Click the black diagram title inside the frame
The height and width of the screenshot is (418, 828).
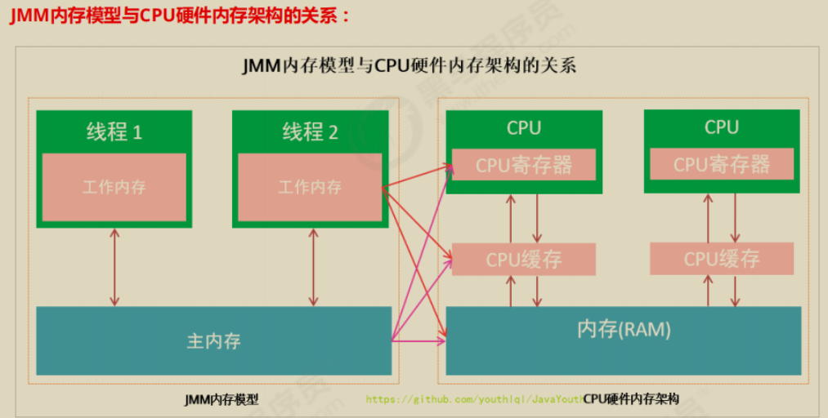[x=409, y=66]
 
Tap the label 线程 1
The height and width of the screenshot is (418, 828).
[x=114, y=132]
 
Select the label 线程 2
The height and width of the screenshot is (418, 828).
[x=310, y=132]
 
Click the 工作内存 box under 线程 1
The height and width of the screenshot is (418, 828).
[x=114, y=187]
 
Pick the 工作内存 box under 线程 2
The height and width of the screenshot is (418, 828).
[x=310, y=187]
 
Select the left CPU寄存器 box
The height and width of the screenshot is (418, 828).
[x=524, y=166]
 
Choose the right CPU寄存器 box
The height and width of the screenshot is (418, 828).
[x=722, y=165]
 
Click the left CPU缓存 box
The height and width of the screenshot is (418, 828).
[x=524, y=260]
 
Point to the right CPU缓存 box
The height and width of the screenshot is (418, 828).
[x=722, y=260]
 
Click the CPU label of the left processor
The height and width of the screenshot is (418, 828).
[x=524, y=128]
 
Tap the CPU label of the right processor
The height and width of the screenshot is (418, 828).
[x=722, y=127]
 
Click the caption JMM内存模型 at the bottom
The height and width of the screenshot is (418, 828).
[x=222, y=400]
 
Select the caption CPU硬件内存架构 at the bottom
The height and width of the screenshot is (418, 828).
[x=631, y=400]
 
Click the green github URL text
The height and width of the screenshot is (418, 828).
[x=474, y=400]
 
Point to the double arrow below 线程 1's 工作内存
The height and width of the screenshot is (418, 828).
[x=114, y=268]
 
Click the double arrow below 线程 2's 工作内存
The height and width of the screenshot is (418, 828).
[x=313, y=268]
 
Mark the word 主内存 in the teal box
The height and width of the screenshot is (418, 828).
[x=214, y=340]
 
